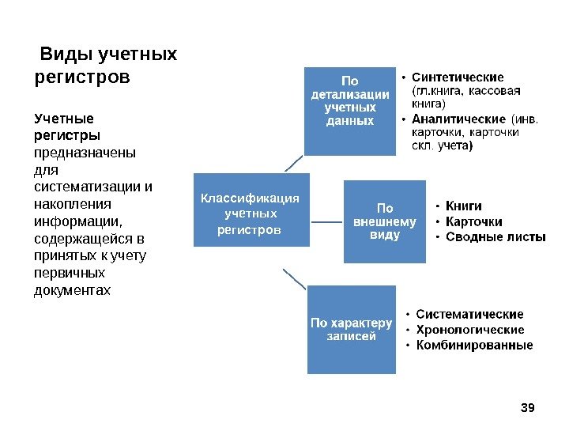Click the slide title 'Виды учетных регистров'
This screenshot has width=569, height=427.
coord(107,66)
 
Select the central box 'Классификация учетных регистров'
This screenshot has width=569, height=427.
coord(250,213)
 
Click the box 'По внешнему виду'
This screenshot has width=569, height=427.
coord(384,222)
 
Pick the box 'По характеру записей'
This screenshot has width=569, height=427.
coord(351,329)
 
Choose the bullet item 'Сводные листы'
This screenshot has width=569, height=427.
coord(496,236)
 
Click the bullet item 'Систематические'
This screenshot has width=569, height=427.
coord(469,315)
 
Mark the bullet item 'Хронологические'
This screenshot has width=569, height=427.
coord(469,330)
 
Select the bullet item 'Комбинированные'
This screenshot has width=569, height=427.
coord(474,345)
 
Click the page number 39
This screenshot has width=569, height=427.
coord(529,407)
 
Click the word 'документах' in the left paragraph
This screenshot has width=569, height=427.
coord(73,290)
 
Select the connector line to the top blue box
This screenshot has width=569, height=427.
coord(293,164)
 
